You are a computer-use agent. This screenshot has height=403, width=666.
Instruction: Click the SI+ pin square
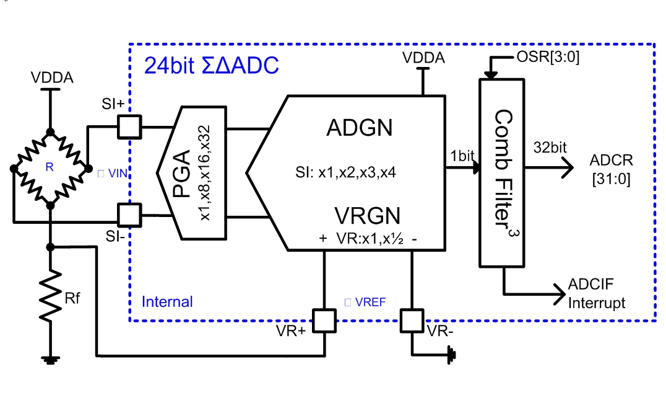129,128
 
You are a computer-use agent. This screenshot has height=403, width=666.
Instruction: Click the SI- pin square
129,216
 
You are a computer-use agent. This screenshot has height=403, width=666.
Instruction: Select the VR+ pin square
324,321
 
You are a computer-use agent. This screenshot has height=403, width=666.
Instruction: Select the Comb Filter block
501,173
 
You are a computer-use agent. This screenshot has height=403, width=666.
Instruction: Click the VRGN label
367,216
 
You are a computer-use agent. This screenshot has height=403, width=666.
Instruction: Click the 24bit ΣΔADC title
211,65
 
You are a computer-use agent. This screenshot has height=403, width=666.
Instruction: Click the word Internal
167,302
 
